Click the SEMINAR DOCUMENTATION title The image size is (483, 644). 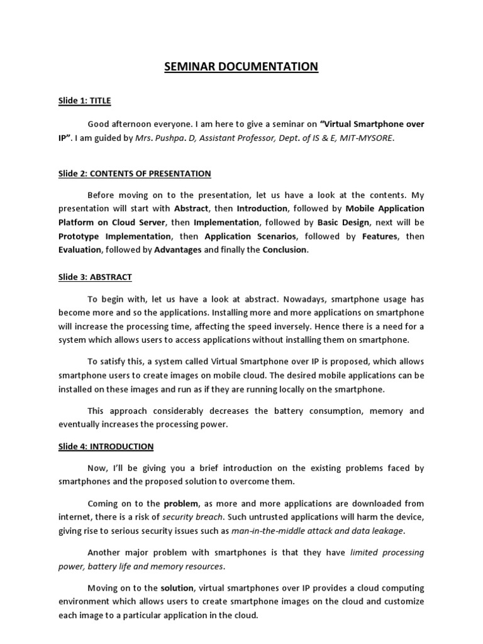click(x=241, y=66)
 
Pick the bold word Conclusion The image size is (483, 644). click(x=284, y=250)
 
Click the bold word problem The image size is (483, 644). click(x=180, y=503)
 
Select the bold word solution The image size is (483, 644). click(x=177, y=588)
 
